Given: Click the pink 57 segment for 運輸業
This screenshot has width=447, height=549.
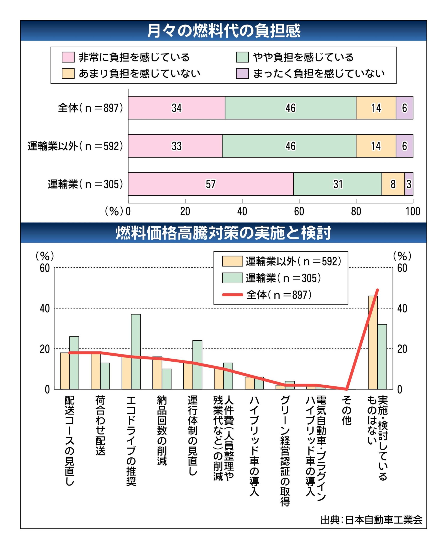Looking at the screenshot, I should click(211, 184).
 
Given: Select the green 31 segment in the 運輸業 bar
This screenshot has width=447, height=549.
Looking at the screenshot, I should click(337, 184).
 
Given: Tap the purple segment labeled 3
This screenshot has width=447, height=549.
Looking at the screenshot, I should click(409, 184).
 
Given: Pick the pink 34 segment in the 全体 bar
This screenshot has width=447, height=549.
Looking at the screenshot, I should click(176, 108).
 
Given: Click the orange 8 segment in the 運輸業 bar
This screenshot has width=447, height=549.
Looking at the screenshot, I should click(393, 184).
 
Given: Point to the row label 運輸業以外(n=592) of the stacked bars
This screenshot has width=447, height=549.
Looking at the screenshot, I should click(75, 146).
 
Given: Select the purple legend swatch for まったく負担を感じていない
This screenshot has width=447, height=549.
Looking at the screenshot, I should click(242, 73).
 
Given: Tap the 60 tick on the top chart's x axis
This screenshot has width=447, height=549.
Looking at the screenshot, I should click(299, 211).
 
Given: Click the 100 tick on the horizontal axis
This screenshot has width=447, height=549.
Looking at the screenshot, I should click(413, 211).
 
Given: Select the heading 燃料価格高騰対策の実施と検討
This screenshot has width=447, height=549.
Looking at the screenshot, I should click(223, 233).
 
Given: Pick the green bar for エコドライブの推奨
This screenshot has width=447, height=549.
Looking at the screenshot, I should click(136, 351).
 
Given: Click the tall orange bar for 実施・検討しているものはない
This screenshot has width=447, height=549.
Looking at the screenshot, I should click(373, 343).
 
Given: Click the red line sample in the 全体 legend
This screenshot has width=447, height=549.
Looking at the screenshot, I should click(232, 295).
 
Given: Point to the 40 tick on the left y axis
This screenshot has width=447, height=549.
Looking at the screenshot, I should click(45, 308).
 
